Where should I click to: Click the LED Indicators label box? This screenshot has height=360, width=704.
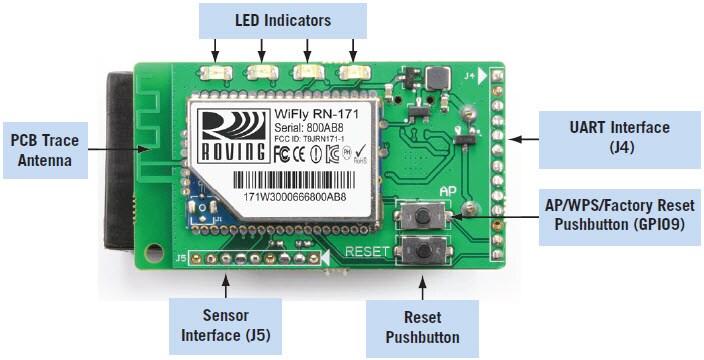pyautogui.click(x=282, y=19)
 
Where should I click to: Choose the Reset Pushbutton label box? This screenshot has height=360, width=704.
pyautogui.click(x=422, y=326)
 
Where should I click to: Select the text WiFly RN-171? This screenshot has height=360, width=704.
pyautogui.click(x=316, y=115)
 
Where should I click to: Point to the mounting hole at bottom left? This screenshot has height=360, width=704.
pyautogui.click(x=153, y=247)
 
